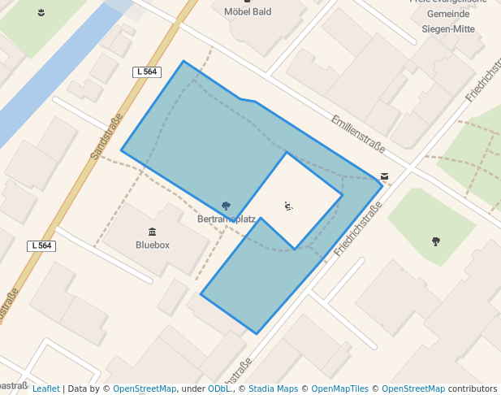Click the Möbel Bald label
247,12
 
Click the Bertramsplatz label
227,219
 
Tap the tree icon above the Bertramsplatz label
226,206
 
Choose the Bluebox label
153,245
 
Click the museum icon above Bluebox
153,232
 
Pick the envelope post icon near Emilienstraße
384,176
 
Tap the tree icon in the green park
436,241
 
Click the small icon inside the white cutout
288,206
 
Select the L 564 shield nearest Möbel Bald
146,72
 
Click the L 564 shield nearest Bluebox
41,245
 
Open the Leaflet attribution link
45,388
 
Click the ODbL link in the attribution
219,388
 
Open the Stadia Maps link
273,388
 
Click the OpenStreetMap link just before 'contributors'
413,388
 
